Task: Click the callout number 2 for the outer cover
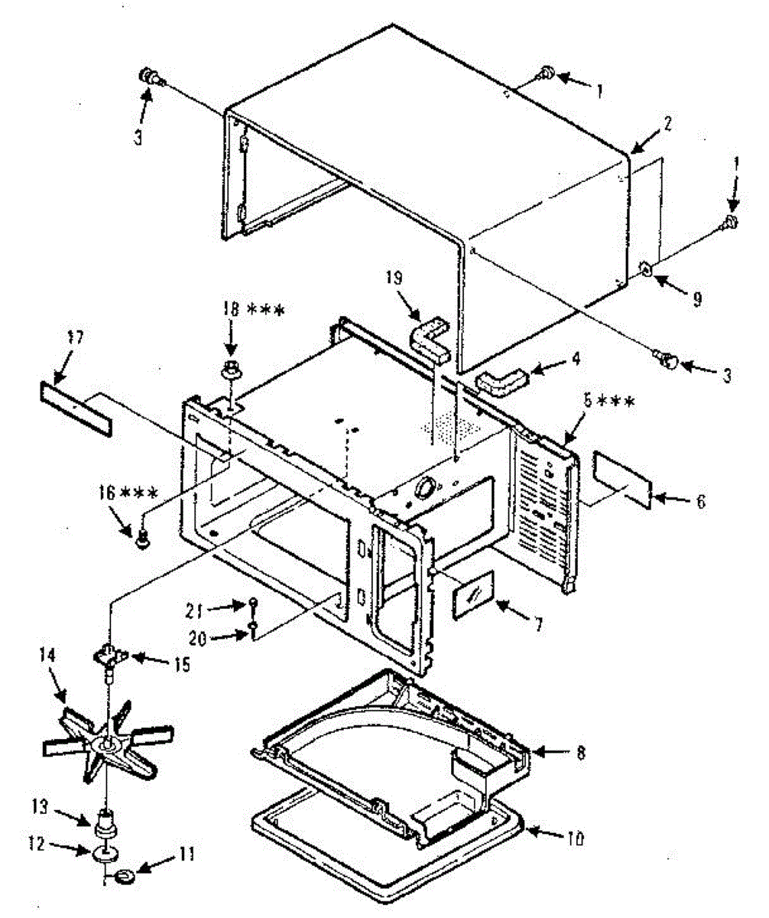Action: pyautogui.click(x=667, y=122)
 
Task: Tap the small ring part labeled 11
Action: pyautogui.click(x=127, y=875)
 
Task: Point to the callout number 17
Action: pyautogui.click(x=76, y=337)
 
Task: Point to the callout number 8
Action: pyautogui.click(x=582, y=753)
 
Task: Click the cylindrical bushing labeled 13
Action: pyautogui.click(x=103, y=828)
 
